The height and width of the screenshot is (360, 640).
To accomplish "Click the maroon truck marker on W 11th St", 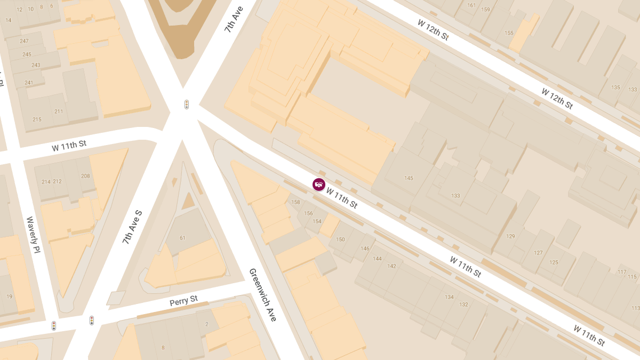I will click(x=319, y=185).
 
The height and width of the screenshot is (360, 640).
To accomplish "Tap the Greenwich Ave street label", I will click(x=263, y=294).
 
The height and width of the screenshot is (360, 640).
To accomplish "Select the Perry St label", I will click(x=183, y=301).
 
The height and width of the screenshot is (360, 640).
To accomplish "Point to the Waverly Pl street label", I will click(x=33, y=235).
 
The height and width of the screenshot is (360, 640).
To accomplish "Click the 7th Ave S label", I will click(x=132, y=227).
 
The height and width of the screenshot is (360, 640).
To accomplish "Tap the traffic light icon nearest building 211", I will click(x=187, y=105).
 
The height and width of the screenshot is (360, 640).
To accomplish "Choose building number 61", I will click(x=182, y=238).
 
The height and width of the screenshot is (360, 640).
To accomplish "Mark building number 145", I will click(x=409, y=178).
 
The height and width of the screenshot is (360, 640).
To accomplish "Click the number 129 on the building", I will click(x=510, y=236).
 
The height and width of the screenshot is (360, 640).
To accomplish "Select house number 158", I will click(x=295, y=202).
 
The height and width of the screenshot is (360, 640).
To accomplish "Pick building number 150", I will click(x=340, y=239).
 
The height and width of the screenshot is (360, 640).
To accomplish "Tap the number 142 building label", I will click(x=392, y=266).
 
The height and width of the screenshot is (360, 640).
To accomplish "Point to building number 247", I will click(x=24, y=41).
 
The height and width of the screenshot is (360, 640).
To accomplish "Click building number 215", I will click(x=37, y=119).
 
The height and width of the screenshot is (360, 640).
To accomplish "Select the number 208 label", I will click(x=85, y=176).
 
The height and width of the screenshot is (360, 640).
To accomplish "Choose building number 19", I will click(x=9, y=297).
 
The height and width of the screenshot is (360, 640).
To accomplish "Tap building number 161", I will click(x=471, y=6).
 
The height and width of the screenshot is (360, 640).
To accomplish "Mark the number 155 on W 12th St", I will click(x=509, y=33).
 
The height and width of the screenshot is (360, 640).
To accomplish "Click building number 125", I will click(x=554, y=262).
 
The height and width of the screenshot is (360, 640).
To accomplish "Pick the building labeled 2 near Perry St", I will click(x=206, y=325).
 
